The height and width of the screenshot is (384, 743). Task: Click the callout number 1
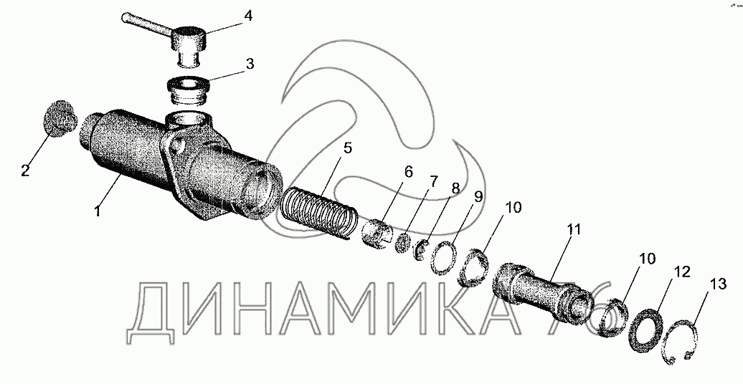97,210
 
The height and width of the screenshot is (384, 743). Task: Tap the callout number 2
24,171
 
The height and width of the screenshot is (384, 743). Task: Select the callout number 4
248,16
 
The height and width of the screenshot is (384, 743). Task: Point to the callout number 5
347,148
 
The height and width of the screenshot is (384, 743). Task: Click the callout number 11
574,230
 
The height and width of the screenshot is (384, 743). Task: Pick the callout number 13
718,284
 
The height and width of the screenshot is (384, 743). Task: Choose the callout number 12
683,272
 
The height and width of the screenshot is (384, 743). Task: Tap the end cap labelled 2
60,120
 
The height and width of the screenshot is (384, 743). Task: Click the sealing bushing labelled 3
189,92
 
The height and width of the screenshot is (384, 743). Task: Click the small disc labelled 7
403,243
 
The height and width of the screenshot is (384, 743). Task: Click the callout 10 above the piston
514,207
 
